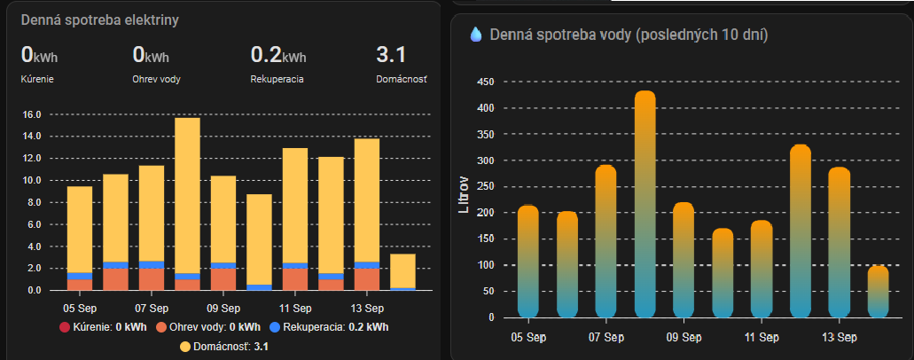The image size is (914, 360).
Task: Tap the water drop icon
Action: coord(476,35)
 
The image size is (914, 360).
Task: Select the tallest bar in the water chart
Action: coord(645,204)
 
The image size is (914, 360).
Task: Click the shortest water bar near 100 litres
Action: coord(878,291)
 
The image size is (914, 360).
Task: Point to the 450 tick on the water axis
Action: coord(486,82)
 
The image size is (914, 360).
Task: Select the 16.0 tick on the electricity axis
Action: coord(32,114)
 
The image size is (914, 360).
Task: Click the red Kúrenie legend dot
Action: coord(65,327)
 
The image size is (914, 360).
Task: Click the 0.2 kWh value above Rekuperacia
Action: coord(278,56)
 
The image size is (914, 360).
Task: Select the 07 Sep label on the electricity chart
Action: coord(151,309)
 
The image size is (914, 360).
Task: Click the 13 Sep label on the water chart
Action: coord(839,337)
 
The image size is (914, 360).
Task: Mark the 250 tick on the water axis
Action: coord(486,187)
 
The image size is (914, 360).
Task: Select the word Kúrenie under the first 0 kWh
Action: coord(36,79)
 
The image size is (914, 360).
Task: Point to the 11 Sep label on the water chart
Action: coord(762,337)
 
